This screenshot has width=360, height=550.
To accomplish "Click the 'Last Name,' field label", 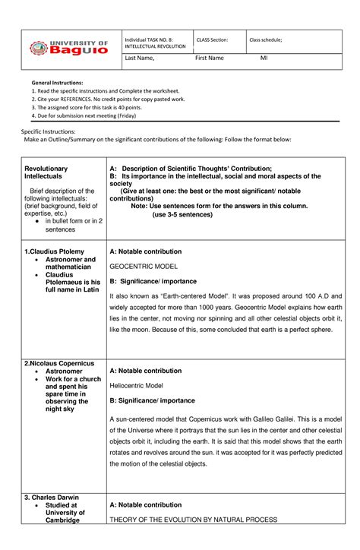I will click(x=140, y=58).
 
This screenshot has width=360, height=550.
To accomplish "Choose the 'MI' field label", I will click(x=264, y=58).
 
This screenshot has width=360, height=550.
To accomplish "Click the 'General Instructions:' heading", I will click(x=57, y=82).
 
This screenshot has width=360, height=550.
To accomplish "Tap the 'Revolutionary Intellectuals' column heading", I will click(x=46, y=172).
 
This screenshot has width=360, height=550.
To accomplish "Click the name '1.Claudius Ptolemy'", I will click(x=54, y=251).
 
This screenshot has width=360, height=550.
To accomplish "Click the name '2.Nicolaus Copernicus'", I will click(x=60, y=363).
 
